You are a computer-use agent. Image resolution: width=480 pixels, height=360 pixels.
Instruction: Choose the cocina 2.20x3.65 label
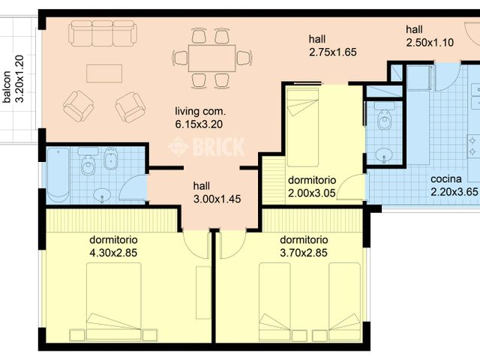coord(454,185)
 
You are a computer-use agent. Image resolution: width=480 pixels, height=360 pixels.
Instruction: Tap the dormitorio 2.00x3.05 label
coord(312,185)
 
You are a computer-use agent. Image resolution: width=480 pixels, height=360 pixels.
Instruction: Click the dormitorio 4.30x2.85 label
coord(113,246)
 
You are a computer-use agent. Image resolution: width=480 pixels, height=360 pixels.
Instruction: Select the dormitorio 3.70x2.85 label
coord(304,246)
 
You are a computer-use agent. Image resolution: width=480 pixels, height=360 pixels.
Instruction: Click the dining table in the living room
coord(205,57)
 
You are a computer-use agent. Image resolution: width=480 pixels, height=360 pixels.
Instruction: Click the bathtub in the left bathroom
coord(59,174)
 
